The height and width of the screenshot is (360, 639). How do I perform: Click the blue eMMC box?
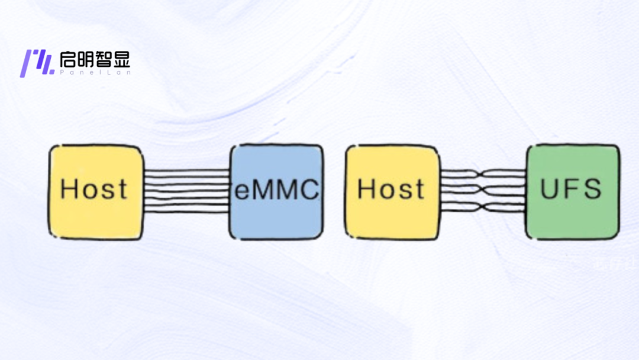pyautogui.click(x=277, y=192)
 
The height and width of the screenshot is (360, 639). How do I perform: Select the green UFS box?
pyautogui.click(x=573, y=192)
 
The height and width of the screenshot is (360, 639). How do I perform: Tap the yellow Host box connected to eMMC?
pyautogui.click(x=96, y=192)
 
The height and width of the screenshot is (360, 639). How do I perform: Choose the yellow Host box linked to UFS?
pyautogui.click(x=392, y=192)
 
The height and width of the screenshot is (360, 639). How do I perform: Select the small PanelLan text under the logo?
pyautogui.click(x=94, y=72)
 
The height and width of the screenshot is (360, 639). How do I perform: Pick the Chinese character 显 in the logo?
pyautogui.click(x=121, y=59)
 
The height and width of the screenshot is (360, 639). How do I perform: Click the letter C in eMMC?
pyautogui.click(x=309, y=189)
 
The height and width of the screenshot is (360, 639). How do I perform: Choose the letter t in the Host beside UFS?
pyautogui.click(x=419, y=189)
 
